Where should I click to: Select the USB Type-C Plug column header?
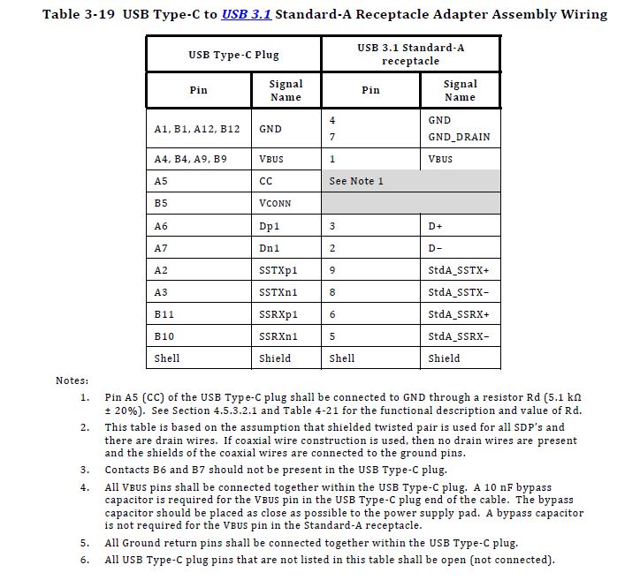(233, 55)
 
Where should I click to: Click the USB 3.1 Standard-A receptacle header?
(410, 54)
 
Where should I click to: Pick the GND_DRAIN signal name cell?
(459, 138)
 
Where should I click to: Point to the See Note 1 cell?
(356, 181)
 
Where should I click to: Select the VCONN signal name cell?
(275, 203)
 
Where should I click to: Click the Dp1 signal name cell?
(269, 226)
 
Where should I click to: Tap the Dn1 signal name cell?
(269, 248)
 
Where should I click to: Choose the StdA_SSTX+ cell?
(459, 270)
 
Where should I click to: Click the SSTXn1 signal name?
(278, 292)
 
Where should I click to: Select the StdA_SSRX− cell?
(459, 336)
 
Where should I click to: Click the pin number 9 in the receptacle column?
(332, 270)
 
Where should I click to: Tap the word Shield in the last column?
(444, 358)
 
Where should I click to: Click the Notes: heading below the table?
(72, 380)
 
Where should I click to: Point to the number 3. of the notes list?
(85, 469)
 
